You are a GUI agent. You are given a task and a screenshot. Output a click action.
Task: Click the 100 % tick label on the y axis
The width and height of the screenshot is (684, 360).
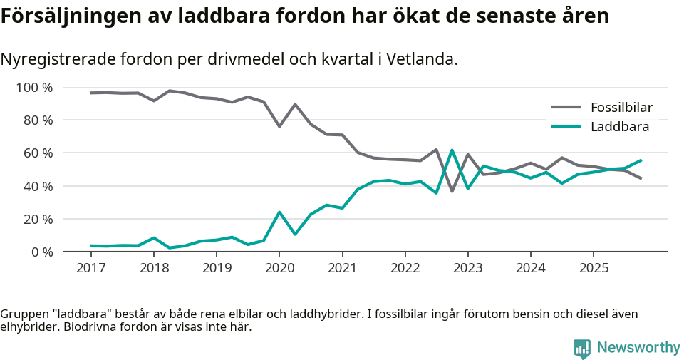pos(34,88)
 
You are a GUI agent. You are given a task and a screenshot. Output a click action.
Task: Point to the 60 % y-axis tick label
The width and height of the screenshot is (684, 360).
pos(38,153)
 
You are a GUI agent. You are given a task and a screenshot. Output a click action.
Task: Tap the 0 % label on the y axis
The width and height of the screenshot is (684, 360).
pos(41,252)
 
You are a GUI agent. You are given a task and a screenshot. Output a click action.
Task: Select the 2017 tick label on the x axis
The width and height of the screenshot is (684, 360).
pos(90,268)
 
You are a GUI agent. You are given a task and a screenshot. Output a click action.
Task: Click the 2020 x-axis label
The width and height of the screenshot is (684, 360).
pos(279,268)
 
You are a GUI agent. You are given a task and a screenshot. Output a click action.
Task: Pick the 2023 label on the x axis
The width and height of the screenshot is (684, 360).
pos(467,268)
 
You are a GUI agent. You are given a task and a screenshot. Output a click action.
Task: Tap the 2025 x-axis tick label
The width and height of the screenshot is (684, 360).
pos(594,268)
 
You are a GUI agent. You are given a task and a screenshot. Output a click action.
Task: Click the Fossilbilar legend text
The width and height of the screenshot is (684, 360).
pos(621,108)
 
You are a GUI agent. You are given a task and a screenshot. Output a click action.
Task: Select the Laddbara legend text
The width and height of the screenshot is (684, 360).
pos(619,127)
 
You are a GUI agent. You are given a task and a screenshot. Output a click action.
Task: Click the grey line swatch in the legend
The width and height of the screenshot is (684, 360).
pos(566,108)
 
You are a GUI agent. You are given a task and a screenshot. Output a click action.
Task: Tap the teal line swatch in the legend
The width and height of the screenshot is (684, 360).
pos(566,127)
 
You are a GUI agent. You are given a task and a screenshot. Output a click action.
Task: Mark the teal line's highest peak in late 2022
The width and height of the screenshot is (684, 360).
pos(452,150)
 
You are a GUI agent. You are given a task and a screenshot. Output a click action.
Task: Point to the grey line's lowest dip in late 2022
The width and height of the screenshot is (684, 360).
pos(452,191)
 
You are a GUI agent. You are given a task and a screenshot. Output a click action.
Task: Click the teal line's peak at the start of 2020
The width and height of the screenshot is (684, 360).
pos(279,212)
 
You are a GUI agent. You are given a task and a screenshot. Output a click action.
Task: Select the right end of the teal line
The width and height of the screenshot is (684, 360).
pos(641,160)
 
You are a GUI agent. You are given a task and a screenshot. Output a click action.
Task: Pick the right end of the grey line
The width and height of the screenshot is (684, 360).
pos(641,178)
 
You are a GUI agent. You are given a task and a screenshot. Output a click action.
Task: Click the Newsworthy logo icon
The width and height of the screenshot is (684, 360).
pos(582,348)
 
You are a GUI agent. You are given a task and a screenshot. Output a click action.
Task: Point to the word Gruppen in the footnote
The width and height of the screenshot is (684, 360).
pos(23,314)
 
